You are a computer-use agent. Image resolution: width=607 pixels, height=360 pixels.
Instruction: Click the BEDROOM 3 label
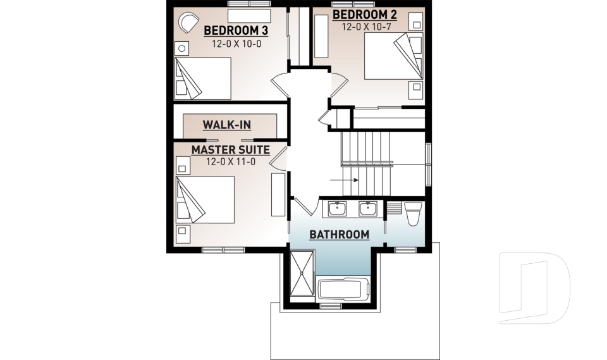click(x=231, y=30)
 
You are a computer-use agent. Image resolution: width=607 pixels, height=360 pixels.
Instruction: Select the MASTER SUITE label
click(x=231, y=150)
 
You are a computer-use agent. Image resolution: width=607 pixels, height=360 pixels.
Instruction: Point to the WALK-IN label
click(x=227, y=125)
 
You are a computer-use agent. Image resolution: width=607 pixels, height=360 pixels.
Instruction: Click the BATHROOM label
click(x=339, y=235)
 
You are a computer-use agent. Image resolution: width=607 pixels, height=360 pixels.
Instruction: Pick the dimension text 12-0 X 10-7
click(x=365, y=27)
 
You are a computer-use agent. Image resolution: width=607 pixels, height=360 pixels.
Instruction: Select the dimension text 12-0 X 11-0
click(x=230, y=162)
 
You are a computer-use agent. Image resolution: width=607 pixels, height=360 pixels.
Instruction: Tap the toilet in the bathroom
click(x=413, y=214)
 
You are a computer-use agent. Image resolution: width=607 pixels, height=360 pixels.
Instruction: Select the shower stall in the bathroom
click(x=302, y=273)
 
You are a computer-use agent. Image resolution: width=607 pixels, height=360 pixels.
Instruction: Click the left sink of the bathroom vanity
click(x=337, y=208)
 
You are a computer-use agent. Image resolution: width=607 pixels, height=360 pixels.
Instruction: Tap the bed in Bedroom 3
click(x=202, y=78)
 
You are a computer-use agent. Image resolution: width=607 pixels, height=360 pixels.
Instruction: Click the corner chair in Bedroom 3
click(x=187, y=24)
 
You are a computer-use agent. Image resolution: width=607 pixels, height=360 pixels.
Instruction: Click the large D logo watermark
click(x=534, y=288)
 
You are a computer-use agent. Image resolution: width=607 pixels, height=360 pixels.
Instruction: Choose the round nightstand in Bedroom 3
click(x=181, y=48)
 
